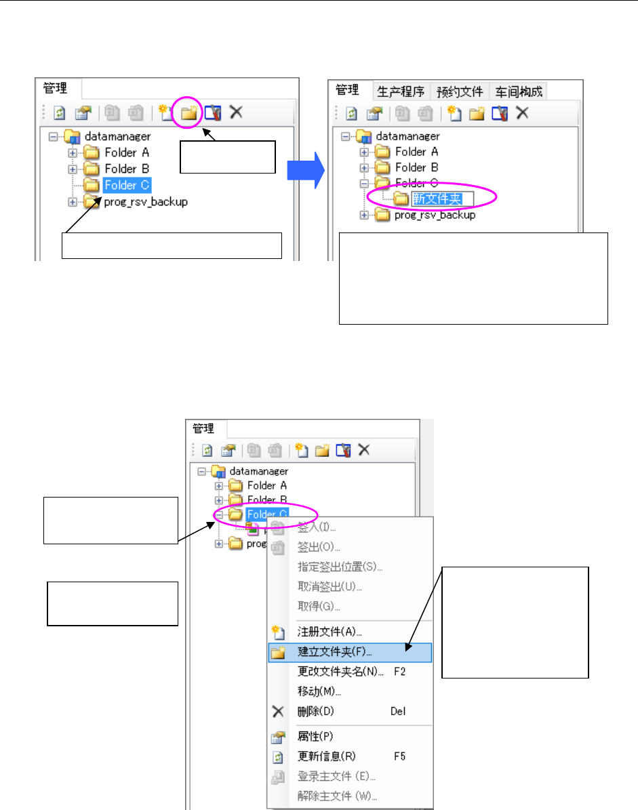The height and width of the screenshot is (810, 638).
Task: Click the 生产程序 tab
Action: coord(401,91)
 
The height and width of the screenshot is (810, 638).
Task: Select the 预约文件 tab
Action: coord(459,91)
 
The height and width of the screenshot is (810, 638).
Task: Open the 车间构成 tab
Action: coord(518,91)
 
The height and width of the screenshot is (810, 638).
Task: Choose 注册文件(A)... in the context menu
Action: coord(335,632)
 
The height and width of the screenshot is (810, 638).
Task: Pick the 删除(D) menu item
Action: coord(315,711)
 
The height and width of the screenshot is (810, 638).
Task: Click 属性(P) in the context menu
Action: coord(315,736)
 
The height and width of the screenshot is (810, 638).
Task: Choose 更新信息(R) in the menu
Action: coord(326,756)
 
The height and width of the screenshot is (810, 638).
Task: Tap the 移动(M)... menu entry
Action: coord(319,691)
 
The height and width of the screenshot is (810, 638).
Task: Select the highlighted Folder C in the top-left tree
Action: coord(127,185)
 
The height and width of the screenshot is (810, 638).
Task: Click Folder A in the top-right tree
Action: coord(416,152)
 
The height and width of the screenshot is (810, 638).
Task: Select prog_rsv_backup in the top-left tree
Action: coord(145,201)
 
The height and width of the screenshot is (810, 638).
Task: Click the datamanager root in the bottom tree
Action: coord(259,470)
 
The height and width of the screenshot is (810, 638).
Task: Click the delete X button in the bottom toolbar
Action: coord(364,449)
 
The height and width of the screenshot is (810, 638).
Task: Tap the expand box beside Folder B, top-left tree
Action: coord(73,169)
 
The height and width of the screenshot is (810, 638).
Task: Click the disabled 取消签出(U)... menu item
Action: coord(330,586)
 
